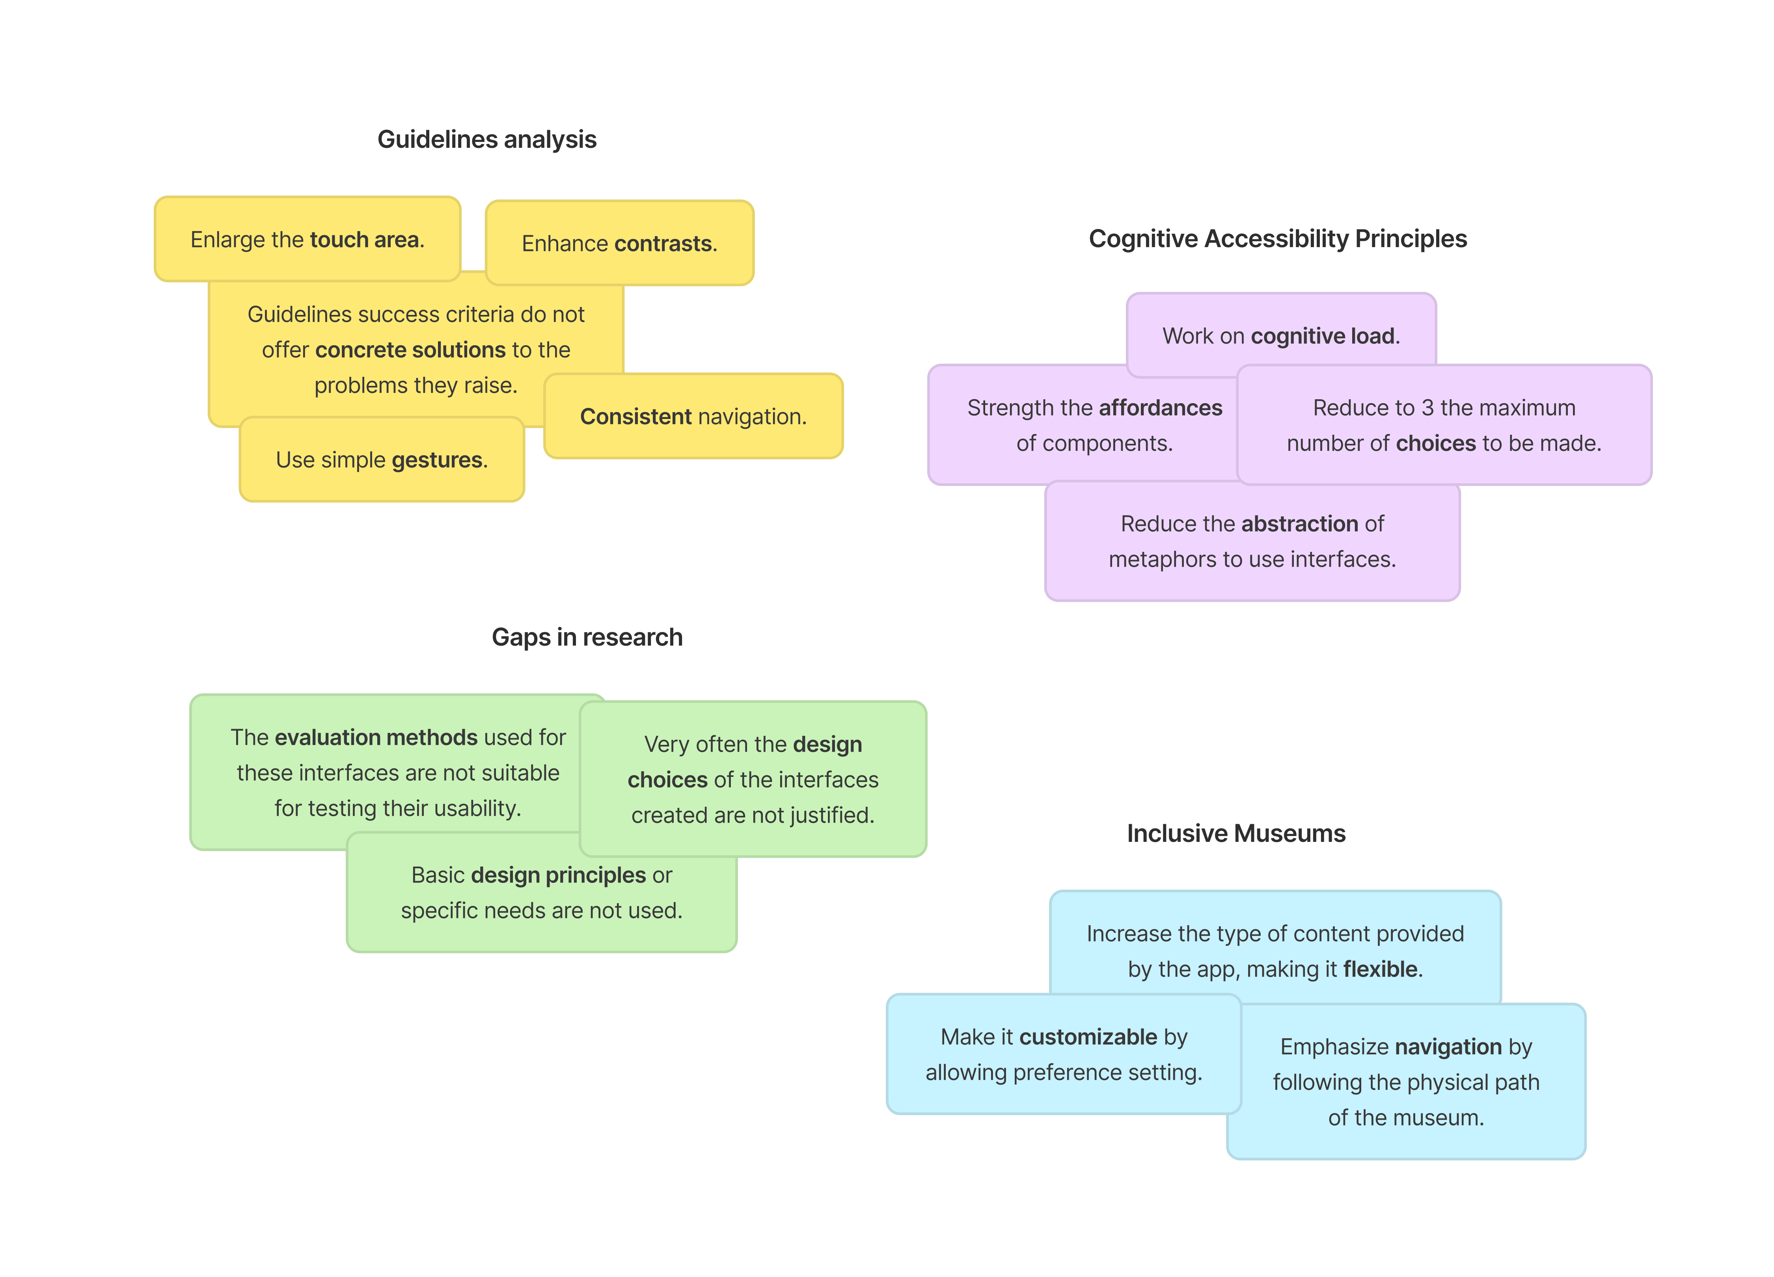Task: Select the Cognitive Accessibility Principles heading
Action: coord(1277,238)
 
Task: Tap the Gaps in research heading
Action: coord(587,637)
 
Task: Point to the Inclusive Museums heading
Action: coord(1236,834)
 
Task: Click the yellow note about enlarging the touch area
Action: coord(307,239)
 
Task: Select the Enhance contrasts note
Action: coord(619,243)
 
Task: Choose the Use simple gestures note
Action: coord(382,460)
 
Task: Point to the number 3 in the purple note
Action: coord(1427,408)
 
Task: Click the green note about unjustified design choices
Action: coord(753,780)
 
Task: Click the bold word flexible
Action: coord(1380,969)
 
